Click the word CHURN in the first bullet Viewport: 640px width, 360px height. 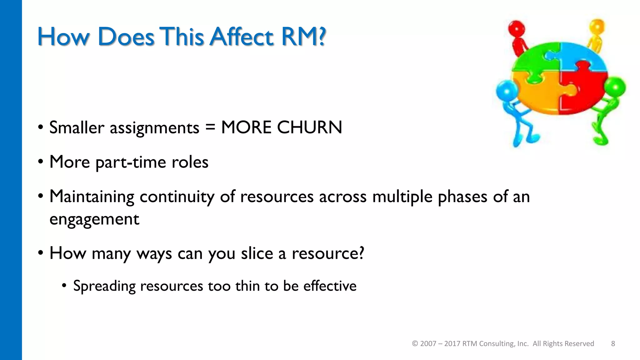click(309, 127)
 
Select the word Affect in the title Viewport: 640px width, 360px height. click(242, 37)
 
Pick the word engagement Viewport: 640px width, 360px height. click(94, 219)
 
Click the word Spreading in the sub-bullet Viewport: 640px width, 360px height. click(104, 286)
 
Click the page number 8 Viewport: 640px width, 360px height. click(613, 344)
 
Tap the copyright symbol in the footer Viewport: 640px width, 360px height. click(415, 344)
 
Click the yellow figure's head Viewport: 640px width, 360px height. click(597, 27)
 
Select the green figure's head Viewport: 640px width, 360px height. click(615, 87)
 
